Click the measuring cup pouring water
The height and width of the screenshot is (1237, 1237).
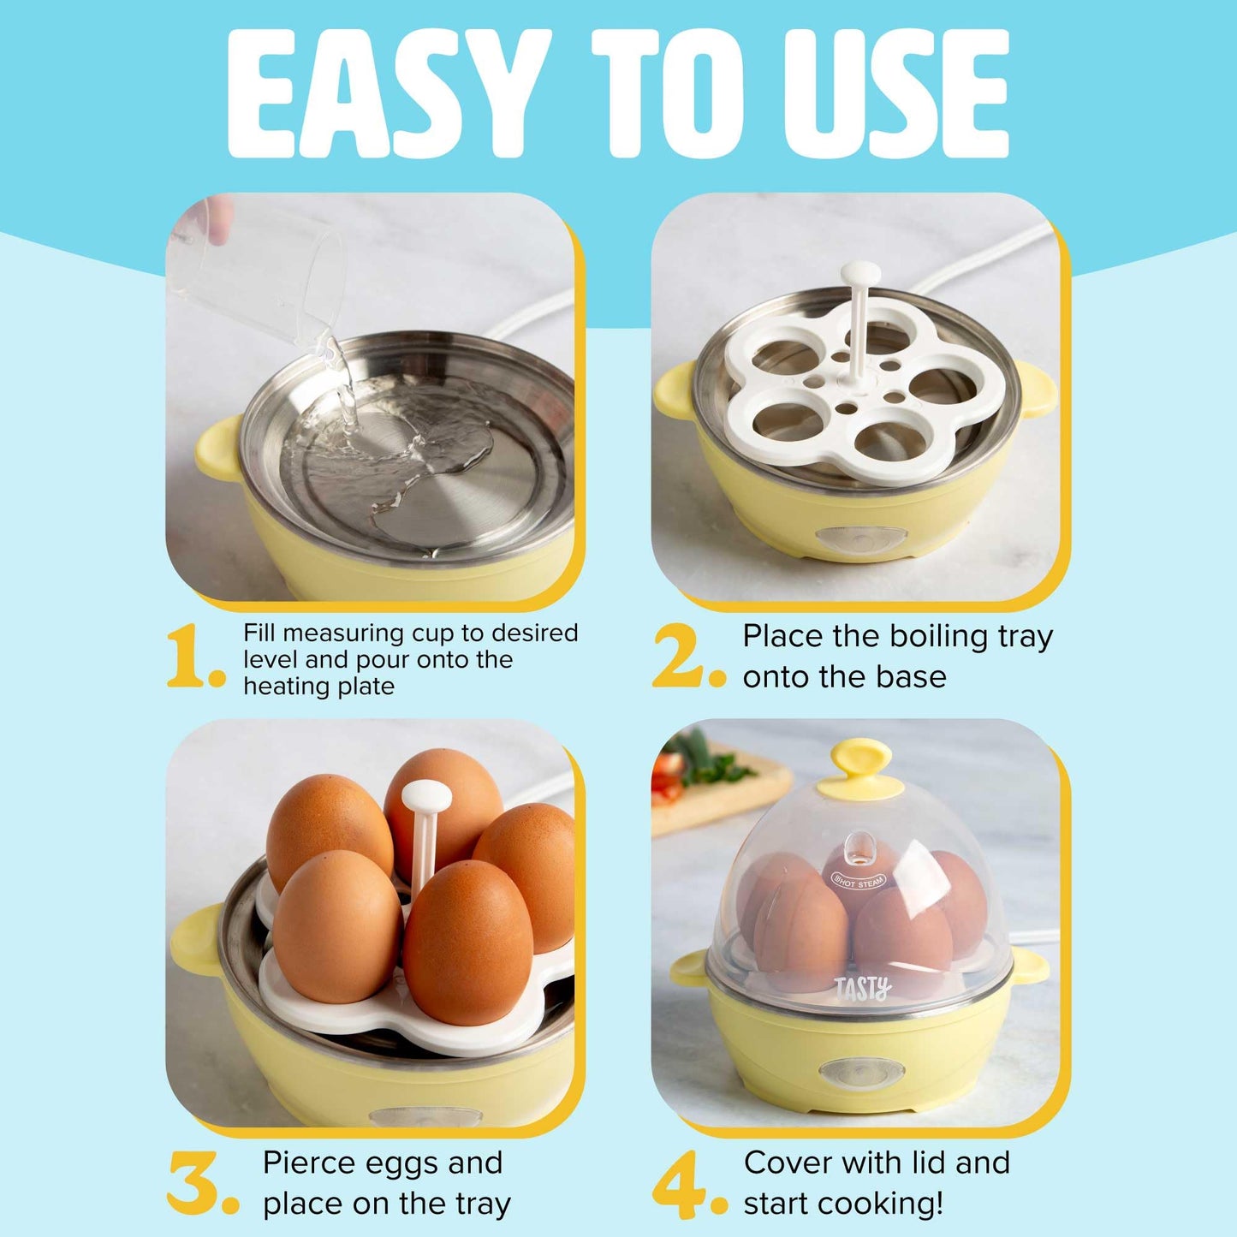(257, 274)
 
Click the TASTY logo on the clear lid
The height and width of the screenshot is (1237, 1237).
(863, 989)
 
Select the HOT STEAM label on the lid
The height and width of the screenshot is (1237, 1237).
(859, 880)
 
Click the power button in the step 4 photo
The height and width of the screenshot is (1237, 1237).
(849, 1073)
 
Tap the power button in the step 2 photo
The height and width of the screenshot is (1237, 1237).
(860, 539)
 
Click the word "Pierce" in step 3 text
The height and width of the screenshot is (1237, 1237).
(312, 1163)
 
